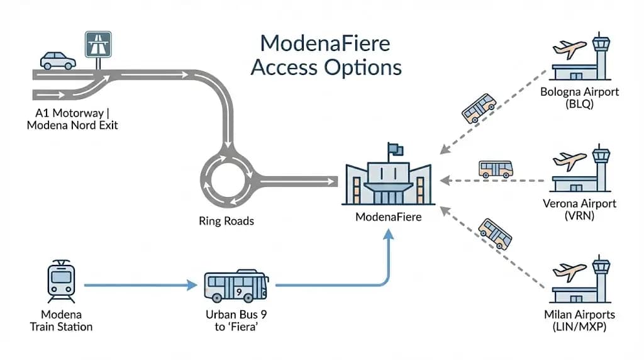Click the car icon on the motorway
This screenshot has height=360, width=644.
point(58,60)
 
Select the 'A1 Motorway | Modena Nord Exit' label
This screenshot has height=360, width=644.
point(72,119)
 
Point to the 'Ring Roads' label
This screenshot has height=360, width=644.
point(226,222)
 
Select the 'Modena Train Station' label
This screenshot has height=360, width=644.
point(62,320)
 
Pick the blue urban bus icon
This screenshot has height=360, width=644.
point(236,286)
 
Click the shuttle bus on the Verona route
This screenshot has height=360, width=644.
point(496,169)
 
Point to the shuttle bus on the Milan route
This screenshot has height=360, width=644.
point(495,233)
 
